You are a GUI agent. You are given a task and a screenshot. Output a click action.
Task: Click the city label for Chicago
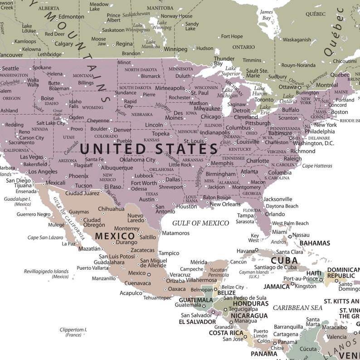pyautogui.click(x=211, y=117)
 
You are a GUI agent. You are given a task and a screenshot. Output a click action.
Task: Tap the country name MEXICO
pyautogui.click(x=115, y=236)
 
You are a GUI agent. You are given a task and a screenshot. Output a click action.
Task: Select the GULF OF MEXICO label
pyautogui.click(x=200, y=223)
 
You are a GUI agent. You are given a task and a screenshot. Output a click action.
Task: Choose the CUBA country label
pyautogui.click(x=284, y=261)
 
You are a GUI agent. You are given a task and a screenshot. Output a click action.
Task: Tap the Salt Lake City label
pyautogui.click(x=51, y=123)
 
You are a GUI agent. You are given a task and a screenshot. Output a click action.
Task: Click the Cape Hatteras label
pyautogui.click(x=317, y=166)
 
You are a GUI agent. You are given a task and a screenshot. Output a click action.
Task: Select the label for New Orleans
pyautogui.click(x=225, y=204)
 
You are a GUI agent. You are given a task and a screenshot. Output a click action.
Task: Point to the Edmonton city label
pyautogui.click(x=71, y=17)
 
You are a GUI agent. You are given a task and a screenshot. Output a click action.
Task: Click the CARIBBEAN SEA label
pyautogui.click(x=297, y=308)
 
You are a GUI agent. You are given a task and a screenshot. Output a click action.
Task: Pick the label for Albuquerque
pyautogui.click(x=117, y=168)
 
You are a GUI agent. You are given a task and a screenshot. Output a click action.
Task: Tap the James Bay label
pyautogui.click(x=267, y=15)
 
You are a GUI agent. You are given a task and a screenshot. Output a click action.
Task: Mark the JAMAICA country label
pyautogui.click(x=277, y=287)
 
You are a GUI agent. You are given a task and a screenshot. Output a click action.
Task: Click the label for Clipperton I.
pyautogui.click(x=73, y=332)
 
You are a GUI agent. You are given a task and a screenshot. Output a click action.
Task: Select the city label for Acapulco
pyautogui.click(x=131, y=293)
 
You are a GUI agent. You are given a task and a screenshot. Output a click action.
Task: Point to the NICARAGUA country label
pyautogui.click(x=249, y=316)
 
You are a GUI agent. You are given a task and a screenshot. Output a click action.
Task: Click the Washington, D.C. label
pyautogui.click(x=313, y=144)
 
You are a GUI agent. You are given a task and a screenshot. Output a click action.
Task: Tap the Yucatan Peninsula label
pyautogui.click(x=218, y=272)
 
